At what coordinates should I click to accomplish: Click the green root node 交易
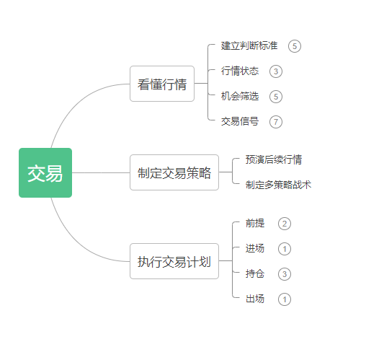tap(45, 172)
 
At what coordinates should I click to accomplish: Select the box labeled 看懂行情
tap(162, 84)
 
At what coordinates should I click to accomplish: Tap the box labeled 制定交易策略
tap(174, 172)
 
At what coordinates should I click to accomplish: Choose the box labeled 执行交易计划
tap(174, 261)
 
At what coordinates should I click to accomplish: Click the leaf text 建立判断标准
tap(249, 45)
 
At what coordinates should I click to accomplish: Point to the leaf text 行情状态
tap(240, 71)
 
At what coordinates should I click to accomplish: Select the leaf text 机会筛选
tap(240, 96)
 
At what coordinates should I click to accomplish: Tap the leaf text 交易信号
tap(240, 121)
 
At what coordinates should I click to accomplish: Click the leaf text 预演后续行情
tap(274, 159)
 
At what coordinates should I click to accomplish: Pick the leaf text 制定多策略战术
tap(278, 185)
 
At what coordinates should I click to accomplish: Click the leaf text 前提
tap(255, 223)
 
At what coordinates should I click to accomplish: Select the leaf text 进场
tap(255, 248)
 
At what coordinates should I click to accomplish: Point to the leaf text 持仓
tap(255, 273)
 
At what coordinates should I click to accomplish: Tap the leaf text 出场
tap(255, 299)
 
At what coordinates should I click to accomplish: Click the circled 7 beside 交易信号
tap(276, 122)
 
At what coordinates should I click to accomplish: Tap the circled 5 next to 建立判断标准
tap(295, 46)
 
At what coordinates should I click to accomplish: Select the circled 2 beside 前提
tap(285, 224)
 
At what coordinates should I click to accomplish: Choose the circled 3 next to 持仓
tap(285, 274)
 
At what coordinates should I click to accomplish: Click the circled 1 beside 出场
tap(285, 299)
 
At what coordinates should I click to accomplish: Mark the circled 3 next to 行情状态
tap(276, 71)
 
